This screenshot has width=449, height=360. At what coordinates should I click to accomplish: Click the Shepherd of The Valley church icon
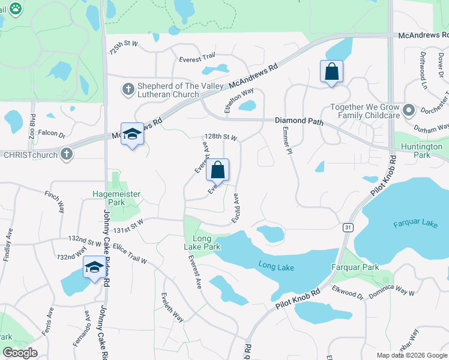127,89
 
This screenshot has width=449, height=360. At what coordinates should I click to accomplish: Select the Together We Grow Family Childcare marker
409,110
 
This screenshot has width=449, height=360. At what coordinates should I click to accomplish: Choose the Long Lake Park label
202,242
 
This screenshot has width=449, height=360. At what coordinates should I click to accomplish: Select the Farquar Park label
355,267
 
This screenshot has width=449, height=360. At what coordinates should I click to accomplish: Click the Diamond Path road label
299,121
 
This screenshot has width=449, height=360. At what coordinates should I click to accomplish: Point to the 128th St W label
221,137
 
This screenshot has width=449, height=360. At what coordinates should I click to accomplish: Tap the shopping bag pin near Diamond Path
331,73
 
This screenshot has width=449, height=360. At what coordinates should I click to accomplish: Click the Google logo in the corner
20,353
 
